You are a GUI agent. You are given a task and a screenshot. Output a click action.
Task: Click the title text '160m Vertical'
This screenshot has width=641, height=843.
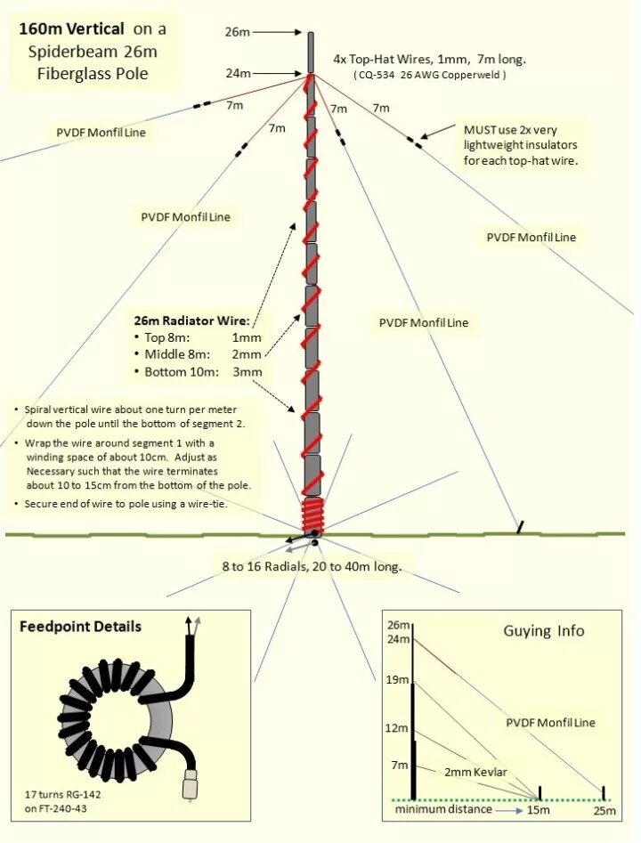(72, 28)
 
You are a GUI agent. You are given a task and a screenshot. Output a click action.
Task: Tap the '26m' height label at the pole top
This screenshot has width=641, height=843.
(237, 32)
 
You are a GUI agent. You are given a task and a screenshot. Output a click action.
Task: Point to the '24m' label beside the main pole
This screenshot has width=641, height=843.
(238, 73)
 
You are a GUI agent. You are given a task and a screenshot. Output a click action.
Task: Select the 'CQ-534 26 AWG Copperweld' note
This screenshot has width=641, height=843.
(429, 76)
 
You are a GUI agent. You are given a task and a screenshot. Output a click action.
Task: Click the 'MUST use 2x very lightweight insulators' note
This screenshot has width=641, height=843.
(521, 145)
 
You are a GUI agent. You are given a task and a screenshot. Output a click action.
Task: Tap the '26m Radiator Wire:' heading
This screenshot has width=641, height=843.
(191, 320)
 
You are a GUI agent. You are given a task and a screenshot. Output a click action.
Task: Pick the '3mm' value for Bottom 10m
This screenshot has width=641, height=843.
(247, 371)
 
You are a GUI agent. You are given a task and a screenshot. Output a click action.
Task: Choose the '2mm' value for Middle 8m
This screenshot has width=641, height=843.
(247, 354)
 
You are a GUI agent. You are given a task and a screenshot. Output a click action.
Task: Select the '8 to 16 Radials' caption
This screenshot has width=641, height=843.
(312, 566)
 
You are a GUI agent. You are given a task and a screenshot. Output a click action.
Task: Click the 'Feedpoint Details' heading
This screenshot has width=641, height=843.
(80, 627)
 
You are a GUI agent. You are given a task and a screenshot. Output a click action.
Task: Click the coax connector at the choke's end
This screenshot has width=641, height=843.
(189, 785)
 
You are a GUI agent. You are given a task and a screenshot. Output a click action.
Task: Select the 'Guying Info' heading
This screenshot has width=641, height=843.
(544, 631)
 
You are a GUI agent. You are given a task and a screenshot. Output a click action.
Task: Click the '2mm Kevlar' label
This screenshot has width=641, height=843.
(476, 772)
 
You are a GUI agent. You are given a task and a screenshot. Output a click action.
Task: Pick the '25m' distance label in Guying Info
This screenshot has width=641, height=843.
(604, 810)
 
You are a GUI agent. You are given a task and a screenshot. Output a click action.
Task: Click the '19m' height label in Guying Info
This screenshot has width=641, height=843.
(398, 680)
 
